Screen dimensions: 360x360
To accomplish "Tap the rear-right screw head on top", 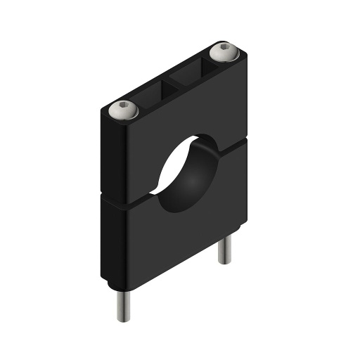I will coord(224,51).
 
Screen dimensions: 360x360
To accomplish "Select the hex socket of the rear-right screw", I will coord(224,50).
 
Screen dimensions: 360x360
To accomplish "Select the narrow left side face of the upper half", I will coord(103,155).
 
